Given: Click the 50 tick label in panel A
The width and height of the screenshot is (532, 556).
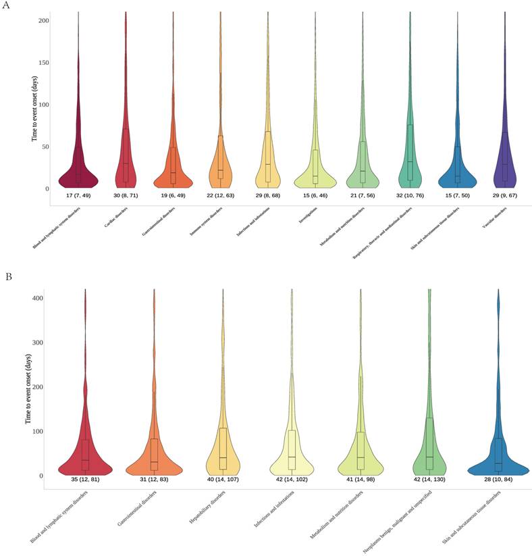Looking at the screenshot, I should coord(45,147).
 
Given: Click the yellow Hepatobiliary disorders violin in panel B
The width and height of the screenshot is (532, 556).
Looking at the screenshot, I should coord(223,453).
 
